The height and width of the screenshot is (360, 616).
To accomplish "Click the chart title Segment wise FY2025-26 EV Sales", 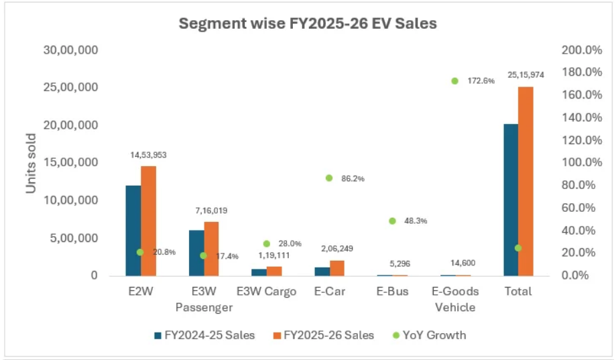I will (x=307, y=24).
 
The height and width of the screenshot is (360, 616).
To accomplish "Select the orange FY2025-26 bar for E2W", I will (x=148, y=221).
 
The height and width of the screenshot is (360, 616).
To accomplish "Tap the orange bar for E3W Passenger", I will (x=211, y=248).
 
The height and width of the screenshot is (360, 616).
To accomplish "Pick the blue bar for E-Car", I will (x=322, y=272).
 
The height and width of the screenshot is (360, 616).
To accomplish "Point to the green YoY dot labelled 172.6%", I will (x=454, y=80).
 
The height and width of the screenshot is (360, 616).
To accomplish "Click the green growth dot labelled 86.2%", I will (x=329, y=178).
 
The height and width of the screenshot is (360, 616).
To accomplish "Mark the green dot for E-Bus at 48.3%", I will (x=392, y=221).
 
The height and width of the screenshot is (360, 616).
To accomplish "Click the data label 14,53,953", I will (x=148, y=155).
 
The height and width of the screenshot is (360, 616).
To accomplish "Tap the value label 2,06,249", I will (x=337, y=249).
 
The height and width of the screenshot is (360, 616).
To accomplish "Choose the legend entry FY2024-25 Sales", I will (x=204, y=335).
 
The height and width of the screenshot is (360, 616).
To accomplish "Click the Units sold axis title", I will (x=31, y=163).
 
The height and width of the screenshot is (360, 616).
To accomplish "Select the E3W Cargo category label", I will (x=266, y=292).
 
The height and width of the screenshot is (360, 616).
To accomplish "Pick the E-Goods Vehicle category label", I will (x=455, y=299).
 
